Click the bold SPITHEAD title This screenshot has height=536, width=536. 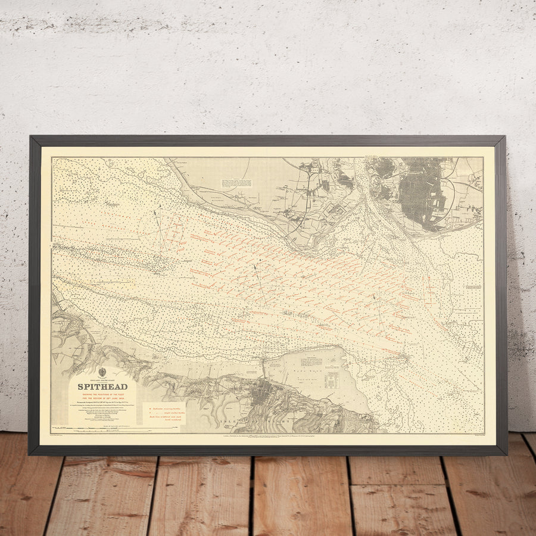point(102,387)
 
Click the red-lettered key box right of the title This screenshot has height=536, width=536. point(164,412)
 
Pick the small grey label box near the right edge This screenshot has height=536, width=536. point(473,287)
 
